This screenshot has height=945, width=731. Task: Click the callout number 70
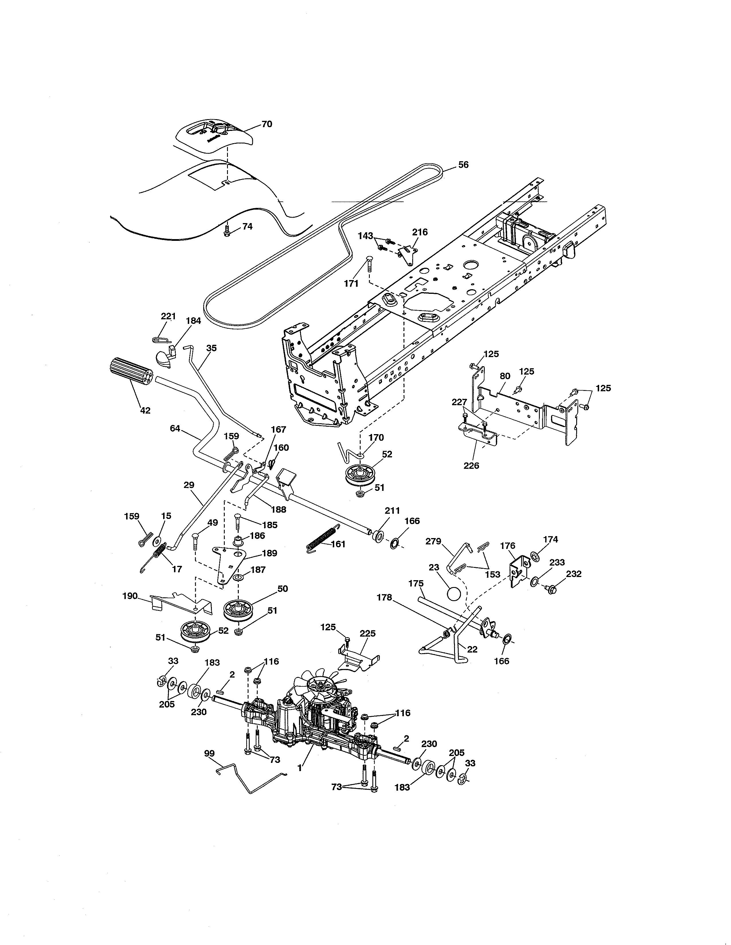267,124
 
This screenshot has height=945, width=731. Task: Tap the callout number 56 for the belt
463,165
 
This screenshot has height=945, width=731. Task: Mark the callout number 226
471,466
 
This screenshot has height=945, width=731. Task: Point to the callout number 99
209,753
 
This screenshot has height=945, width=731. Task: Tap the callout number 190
130,596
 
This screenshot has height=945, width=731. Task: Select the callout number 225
367,633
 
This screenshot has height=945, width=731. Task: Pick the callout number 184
193,321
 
